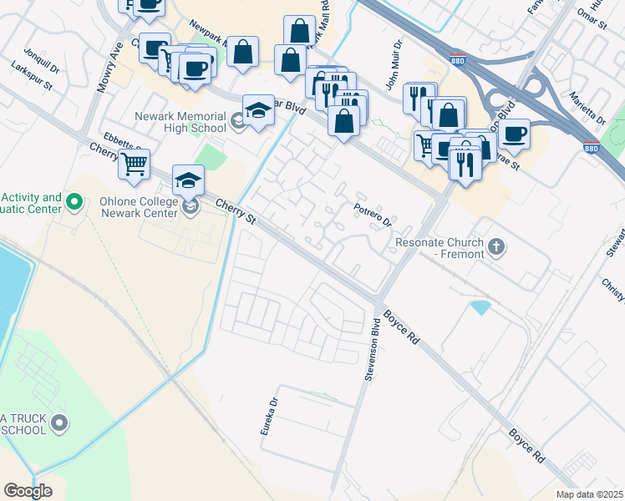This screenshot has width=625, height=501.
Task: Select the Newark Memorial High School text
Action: pos(181,122)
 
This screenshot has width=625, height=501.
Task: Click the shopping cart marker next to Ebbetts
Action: pos(134,164)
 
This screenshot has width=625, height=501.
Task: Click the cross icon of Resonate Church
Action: pos(496,245)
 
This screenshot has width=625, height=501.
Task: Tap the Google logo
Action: pos(28,491)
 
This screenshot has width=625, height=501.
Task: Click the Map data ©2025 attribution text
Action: pos(590,494)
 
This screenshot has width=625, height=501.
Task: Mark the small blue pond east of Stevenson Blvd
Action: pos(480,307)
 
